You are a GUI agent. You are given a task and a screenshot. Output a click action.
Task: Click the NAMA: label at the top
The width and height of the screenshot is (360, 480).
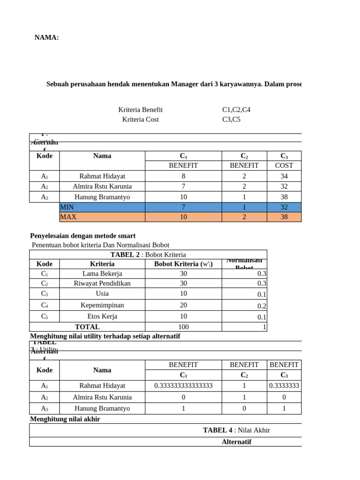click(46, 38)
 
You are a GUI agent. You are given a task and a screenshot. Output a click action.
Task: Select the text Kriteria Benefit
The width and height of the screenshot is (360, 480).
click(140, 110)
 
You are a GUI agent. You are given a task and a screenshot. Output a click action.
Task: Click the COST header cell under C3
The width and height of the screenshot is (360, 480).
click(284, 165)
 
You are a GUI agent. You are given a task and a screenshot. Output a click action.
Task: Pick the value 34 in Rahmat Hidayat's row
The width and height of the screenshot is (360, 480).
click(284, 176)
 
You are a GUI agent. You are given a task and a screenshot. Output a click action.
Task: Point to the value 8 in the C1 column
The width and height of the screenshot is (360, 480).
click(183, 176)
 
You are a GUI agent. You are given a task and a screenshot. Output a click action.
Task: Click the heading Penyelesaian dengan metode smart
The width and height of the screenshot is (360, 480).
click(82, 236)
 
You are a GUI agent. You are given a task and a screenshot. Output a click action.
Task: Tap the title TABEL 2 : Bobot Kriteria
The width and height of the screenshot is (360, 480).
click(148, 255)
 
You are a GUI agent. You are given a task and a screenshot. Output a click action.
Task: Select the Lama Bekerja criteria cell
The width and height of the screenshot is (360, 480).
click(102, 273)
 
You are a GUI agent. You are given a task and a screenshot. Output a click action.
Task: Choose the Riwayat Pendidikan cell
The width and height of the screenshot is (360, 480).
click(102, 283)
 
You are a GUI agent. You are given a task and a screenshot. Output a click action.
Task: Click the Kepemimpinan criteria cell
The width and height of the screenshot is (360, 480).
click(102, 305)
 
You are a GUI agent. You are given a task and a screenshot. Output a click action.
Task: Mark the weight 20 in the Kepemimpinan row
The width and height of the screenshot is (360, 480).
click(183, 305)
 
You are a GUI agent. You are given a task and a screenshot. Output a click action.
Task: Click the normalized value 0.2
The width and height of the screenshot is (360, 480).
click(262, 306)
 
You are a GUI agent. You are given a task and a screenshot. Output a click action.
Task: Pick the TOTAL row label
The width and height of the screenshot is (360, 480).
click(87, 327)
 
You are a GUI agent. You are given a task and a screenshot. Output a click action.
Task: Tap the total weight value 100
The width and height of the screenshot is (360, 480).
click(183, 327)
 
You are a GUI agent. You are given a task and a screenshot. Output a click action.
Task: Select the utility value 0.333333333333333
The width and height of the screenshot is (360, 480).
click(183, 386)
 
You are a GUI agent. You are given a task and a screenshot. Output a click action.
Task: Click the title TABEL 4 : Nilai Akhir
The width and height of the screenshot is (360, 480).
click(236, 430)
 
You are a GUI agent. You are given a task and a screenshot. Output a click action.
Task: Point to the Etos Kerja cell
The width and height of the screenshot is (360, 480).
click(102, 316)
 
